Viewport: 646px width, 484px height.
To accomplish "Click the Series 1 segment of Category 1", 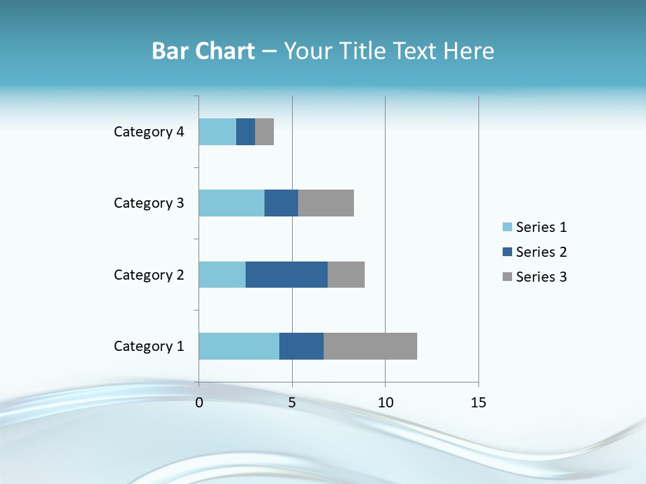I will [239, 346].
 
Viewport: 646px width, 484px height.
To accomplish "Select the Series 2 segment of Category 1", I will [301, 346].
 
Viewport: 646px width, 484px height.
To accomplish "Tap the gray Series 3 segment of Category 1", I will [370, 346].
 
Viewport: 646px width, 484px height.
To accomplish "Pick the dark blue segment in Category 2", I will [287, 274].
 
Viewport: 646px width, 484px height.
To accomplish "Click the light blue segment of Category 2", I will [222, 274].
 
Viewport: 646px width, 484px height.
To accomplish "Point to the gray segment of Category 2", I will [346, 274].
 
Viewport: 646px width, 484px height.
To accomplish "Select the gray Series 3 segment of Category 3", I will [326, 203].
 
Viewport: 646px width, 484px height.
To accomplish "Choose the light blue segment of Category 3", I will [231, 203].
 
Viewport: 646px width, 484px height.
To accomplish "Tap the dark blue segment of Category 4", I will [246, 132].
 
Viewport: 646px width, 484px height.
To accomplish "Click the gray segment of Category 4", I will [264, 132].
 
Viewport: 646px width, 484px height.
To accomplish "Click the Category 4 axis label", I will [149, 132].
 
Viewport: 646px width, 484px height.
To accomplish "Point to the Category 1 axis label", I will [149, 346].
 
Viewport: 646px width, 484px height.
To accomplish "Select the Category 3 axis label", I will [149, 203].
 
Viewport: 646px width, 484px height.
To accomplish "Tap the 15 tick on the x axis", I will [478, 403].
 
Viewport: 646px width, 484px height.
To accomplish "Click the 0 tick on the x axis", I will [199, 403].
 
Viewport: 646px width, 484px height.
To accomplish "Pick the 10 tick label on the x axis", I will [385, 403].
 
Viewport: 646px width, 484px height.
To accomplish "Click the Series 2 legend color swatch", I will [507, 252].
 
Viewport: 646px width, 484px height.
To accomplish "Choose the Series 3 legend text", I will [541, 277].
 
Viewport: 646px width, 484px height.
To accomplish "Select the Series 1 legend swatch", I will [507, 227].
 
